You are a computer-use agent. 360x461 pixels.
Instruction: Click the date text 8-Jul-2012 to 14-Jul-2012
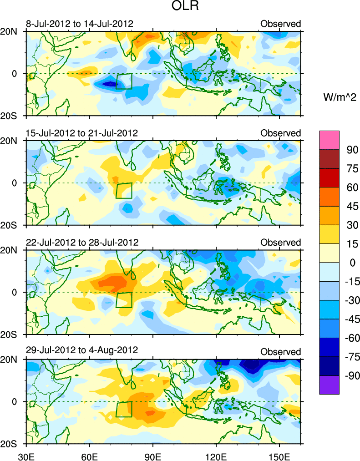[x=80, y=24]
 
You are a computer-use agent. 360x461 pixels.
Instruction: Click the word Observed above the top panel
[x=280, y=24]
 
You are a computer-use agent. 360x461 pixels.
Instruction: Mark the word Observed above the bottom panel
[x=280, y=352]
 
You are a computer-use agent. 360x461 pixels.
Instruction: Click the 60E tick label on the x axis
[x=90, y=455]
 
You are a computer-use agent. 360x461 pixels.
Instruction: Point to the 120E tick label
[x=216, y=455]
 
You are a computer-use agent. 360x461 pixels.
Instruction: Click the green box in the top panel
[x=124, y=81]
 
